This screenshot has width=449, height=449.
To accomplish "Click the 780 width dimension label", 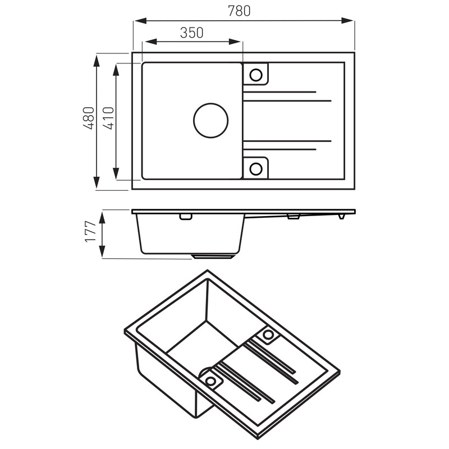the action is pyautogui.click(x=239, y=11).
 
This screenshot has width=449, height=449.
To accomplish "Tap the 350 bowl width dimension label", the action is pyautogui.click(x=191, y=33).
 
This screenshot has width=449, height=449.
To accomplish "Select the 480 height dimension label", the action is pyautogui.click(x=89, y=118).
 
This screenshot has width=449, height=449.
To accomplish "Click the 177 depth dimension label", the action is pyautogui.click(x=90, y=231).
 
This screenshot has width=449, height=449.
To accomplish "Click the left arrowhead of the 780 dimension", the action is pyautogui.click(x=140, y=21).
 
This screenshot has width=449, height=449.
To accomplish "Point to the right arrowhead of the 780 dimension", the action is pyautogui.click(x=347, y=21).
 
